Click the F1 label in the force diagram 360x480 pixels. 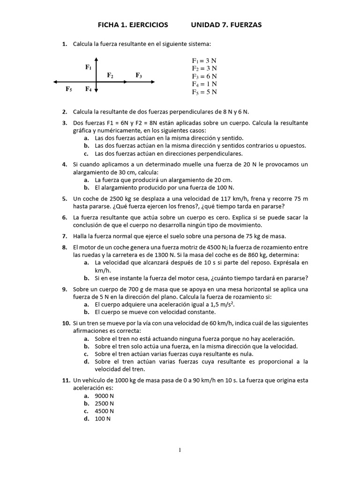[88, 67]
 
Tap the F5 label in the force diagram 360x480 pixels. [69, 89]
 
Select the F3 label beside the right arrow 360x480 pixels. [139, 75]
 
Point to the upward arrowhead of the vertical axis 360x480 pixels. [96, 60]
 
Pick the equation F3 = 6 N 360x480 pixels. [204, 76]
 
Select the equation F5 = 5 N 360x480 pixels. [204, 92]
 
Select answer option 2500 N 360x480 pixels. [104, 404]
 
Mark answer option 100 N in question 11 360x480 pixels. [102, 419]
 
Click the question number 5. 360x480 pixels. [65, 199]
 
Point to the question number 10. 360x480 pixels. [66, 323]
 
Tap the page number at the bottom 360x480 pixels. [180, 450]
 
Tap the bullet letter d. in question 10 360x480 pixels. [87, 361]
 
